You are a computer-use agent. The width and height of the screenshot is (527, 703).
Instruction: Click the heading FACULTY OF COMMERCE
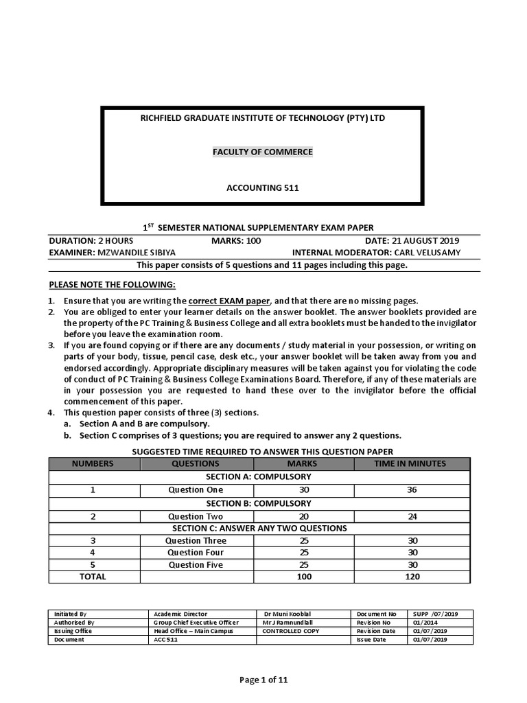point(262,152)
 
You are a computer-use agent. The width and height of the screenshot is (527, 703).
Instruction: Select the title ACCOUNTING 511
point(262,187)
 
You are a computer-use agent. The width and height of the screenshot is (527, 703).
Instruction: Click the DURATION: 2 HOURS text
point(91,241)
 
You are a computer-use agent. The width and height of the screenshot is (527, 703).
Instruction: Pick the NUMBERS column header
point(93,463)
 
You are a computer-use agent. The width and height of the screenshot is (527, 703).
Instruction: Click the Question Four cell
point(196,552)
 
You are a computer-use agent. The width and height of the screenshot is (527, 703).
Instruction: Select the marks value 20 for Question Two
point(303,516)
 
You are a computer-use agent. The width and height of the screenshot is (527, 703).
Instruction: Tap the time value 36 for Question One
point(412,489)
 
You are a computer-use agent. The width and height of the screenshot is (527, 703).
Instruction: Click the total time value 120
point(412,577)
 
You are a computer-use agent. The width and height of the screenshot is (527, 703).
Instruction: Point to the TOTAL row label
point(93,577)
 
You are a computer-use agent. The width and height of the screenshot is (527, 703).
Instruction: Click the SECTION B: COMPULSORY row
point(259,503)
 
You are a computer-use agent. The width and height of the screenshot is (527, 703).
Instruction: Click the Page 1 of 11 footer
point(263,680)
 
